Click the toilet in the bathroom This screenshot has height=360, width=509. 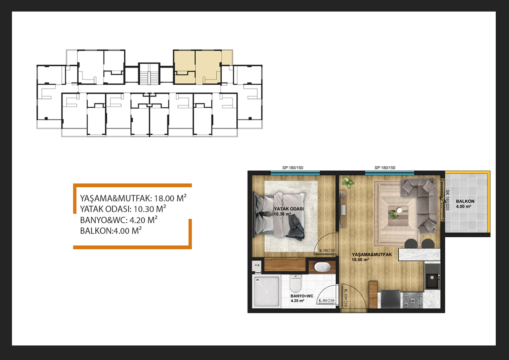pyautogui.click(x=296, y=283)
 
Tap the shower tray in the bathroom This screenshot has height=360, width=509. pyautogui.click(x=266, y=291)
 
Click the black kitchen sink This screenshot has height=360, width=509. pyautogui.click(x=433, y=281)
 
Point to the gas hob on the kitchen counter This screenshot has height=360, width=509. pyautogui.click(x=412, y=300)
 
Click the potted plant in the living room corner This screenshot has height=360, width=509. pyautogui.click(x=347, y=182)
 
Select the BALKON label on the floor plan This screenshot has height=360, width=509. pyautogui.click(x=465, y=201)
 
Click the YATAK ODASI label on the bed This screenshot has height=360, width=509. pyautogui.click(x=288, y=209)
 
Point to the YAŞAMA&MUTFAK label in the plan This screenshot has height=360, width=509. pyautogui.click(x=372, y=255)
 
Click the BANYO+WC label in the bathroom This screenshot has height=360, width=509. pyautogui.click(x=302, y=296)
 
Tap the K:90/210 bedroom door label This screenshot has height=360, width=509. pyautogui.click(x=327, y=251)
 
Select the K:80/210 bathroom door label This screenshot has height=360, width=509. pyautogui.click(x=326, y=301)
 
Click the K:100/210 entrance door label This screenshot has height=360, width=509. pyautogui.click(x=345, y=298)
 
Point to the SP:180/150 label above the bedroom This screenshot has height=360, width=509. pyautogui.click(x=292, y=168)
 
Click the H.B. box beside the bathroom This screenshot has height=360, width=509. pyautogui.click(x=257, y=265)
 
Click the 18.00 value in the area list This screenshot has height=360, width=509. pyautogui.click(x=164, y=198)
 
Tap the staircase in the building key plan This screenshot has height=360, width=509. pyautogui.click(x=149, y=74)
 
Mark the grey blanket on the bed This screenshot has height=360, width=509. pyautogui.click(x=295, y=229)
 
